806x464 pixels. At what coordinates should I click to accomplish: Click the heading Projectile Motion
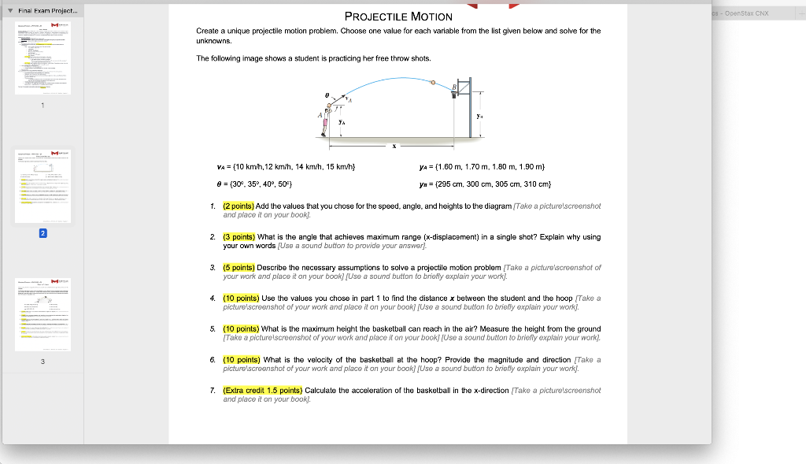coord(398,17)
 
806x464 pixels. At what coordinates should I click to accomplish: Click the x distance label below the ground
coord(394,147)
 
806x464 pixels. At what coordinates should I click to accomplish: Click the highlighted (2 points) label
coord(238,206)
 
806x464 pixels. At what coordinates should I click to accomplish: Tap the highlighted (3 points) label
coord(238,236)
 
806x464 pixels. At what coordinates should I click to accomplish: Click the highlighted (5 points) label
coord(238,267)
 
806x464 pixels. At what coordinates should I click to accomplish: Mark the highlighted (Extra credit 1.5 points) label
coord(263,390)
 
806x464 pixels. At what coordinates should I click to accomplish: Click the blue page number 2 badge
coord(43,233)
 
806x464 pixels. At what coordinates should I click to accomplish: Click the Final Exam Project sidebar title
coord(48,12)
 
